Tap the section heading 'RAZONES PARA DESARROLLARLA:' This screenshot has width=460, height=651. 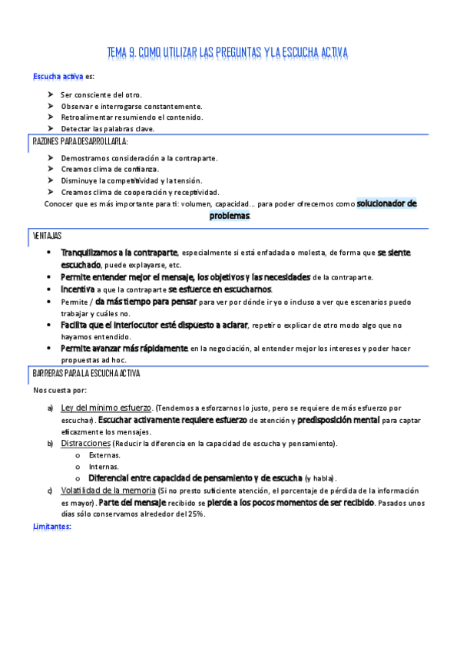(81, 142)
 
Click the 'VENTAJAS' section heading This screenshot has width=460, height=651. (48, 235)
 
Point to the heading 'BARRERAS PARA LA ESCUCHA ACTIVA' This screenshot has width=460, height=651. (86, 373)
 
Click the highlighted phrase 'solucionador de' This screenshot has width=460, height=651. (386, 204)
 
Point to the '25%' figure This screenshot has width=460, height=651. (195, 514)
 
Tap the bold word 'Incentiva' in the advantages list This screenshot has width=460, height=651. (78, 289)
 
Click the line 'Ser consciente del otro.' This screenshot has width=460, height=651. (101, 94)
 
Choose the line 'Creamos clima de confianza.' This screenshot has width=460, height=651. (110, 169)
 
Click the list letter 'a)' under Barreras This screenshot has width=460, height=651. (50, 408)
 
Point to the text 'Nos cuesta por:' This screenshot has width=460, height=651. (59, 390)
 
